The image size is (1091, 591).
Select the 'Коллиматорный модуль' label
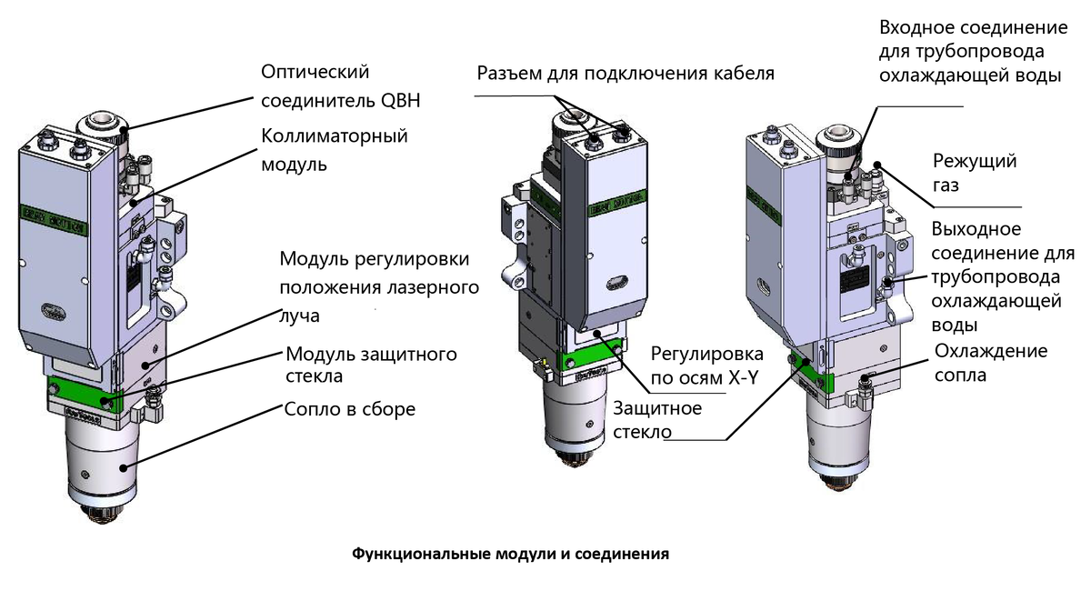334,150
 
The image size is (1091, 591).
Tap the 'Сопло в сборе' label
350,409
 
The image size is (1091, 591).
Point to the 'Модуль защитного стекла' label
371,364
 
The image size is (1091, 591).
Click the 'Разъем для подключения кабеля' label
625,73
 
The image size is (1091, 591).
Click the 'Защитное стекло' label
657,419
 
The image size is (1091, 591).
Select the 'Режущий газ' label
975,173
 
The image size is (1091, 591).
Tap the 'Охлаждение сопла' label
991,363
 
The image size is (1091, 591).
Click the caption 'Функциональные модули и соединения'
510,553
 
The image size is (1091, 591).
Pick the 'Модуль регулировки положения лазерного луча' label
379,286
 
